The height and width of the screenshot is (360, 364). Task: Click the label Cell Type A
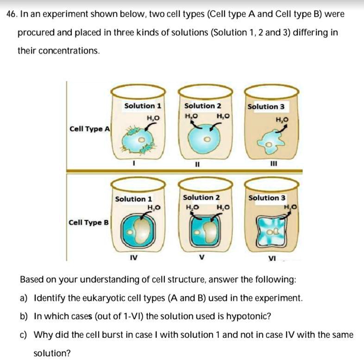coord(89,129)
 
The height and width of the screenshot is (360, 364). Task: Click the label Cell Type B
coord(88,222)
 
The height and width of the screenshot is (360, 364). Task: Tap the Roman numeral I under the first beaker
coord(134,164)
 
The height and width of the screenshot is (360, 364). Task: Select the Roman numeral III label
coord(274,164)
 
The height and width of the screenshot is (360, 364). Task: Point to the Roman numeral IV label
coord(134,257)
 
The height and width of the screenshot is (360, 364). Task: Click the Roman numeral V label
coord(202,257)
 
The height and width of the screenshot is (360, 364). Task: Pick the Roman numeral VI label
coord(272,258)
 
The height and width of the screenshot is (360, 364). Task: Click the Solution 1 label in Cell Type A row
coord(143,106)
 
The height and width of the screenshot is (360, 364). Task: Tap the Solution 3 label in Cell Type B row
coord(267,198)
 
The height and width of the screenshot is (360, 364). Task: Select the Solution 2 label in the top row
coord(203,106)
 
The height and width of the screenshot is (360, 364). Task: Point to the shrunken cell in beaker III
coord(270,142)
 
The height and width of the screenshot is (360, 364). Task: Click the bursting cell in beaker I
coord(138,139)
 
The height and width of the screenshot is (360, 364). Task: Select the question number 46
coord(12,14)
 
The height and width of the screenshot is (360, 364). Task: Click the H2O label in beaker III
coord(282,120)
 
